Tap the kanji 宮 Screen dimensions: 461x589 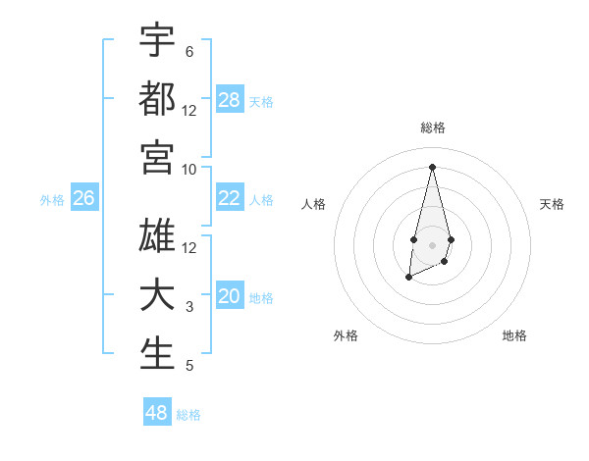[x=157, y=157]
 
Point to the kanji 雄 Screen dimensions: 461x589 [x=157, y=235]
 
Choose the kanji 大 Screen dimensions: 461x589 [x=157, y=295]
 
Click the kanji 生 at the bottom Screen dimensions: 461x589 [x=157, y=354]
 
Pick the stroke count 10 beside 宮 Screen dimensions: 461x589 [x=189, y=169]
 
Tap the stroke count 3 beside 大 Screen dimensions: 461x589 [x=189, y=308]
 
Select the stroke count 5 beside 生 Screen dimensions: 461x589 [x=189, y=367]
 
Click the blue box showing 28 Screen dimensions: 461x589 [x=230, y=100]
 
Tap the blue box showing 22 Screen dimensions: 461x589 [x=230, y=198]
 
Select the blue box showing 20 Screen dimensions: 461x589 [x=230, y=296]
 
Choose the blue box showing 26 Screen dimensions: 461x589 [x=84, y=198]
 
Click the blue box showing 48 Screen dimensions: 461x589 [x=157, y=412]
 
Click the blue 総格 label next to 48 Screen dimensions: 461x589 [x=188, y=415]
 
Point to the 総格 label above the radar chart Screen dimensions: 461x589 [x=433, y=128]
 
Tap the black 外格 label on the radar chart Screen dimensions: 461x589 [x=346, y=336]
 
